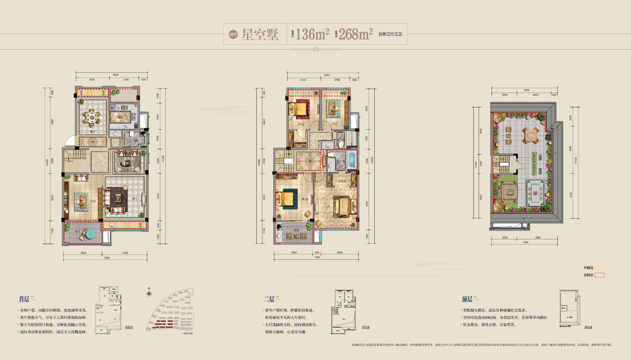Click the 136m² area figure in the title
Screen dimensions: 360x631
point(312,34)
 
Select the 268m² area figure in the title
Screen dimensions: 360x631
point(356,34)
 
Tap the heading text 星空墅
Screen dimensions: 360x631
point(260,34)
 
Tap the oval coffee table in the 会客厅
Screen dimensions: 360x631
point(127,163)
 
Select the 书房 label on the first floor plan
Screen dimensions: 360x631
point(93,201)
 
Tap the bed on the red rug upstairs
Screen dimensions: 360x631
point(299,109)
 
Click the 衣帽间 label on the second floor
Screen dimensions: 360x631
point(342,181)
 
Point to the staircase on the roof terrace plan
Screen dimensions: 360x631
point(501,164)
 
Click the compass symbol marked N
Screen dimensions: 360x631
point(149,293)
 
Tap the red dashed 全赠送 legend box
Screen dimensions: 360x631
point(600,275)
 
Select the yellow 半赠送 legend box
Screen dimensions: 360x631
point(600,268)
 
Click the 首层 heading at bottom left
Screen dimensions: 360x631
point(24,299)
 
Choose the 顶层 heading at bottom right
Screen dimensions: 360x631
point(467,299)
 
